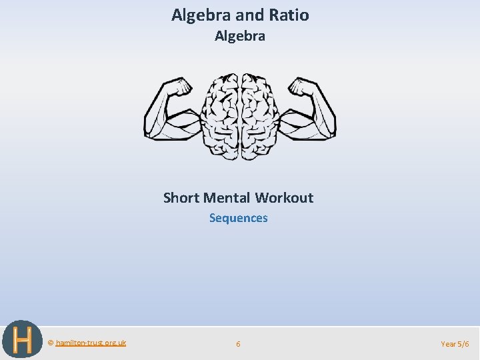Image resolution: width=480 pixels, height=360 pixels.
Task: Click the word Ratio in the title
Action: click(x=288, y=15)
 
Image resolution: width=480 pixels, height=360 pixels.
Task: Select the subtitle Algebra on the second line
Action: click(x=240, y=36)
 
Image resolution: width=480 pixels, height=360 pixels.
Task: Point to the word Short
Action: click(x=181, y=197)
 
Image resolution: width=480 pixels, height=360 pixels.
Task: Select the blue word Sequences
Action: click(x=239, y=218)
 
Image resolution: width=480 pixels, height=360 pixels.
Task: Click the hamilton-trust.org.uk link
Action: click(x=91, y=343)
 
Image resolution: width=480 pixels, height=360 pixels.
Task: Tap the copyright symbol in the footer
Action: click(x=51, y=343)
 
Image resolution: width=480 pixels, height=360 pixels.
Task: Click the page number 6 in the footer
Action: click(x=238, y=344)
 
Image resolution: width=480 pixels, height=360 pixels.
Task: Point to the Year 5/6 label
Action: click(x=455, y=344)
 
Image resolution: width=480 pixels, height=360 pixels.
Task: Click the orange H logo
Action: click(x=21, y=339)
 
